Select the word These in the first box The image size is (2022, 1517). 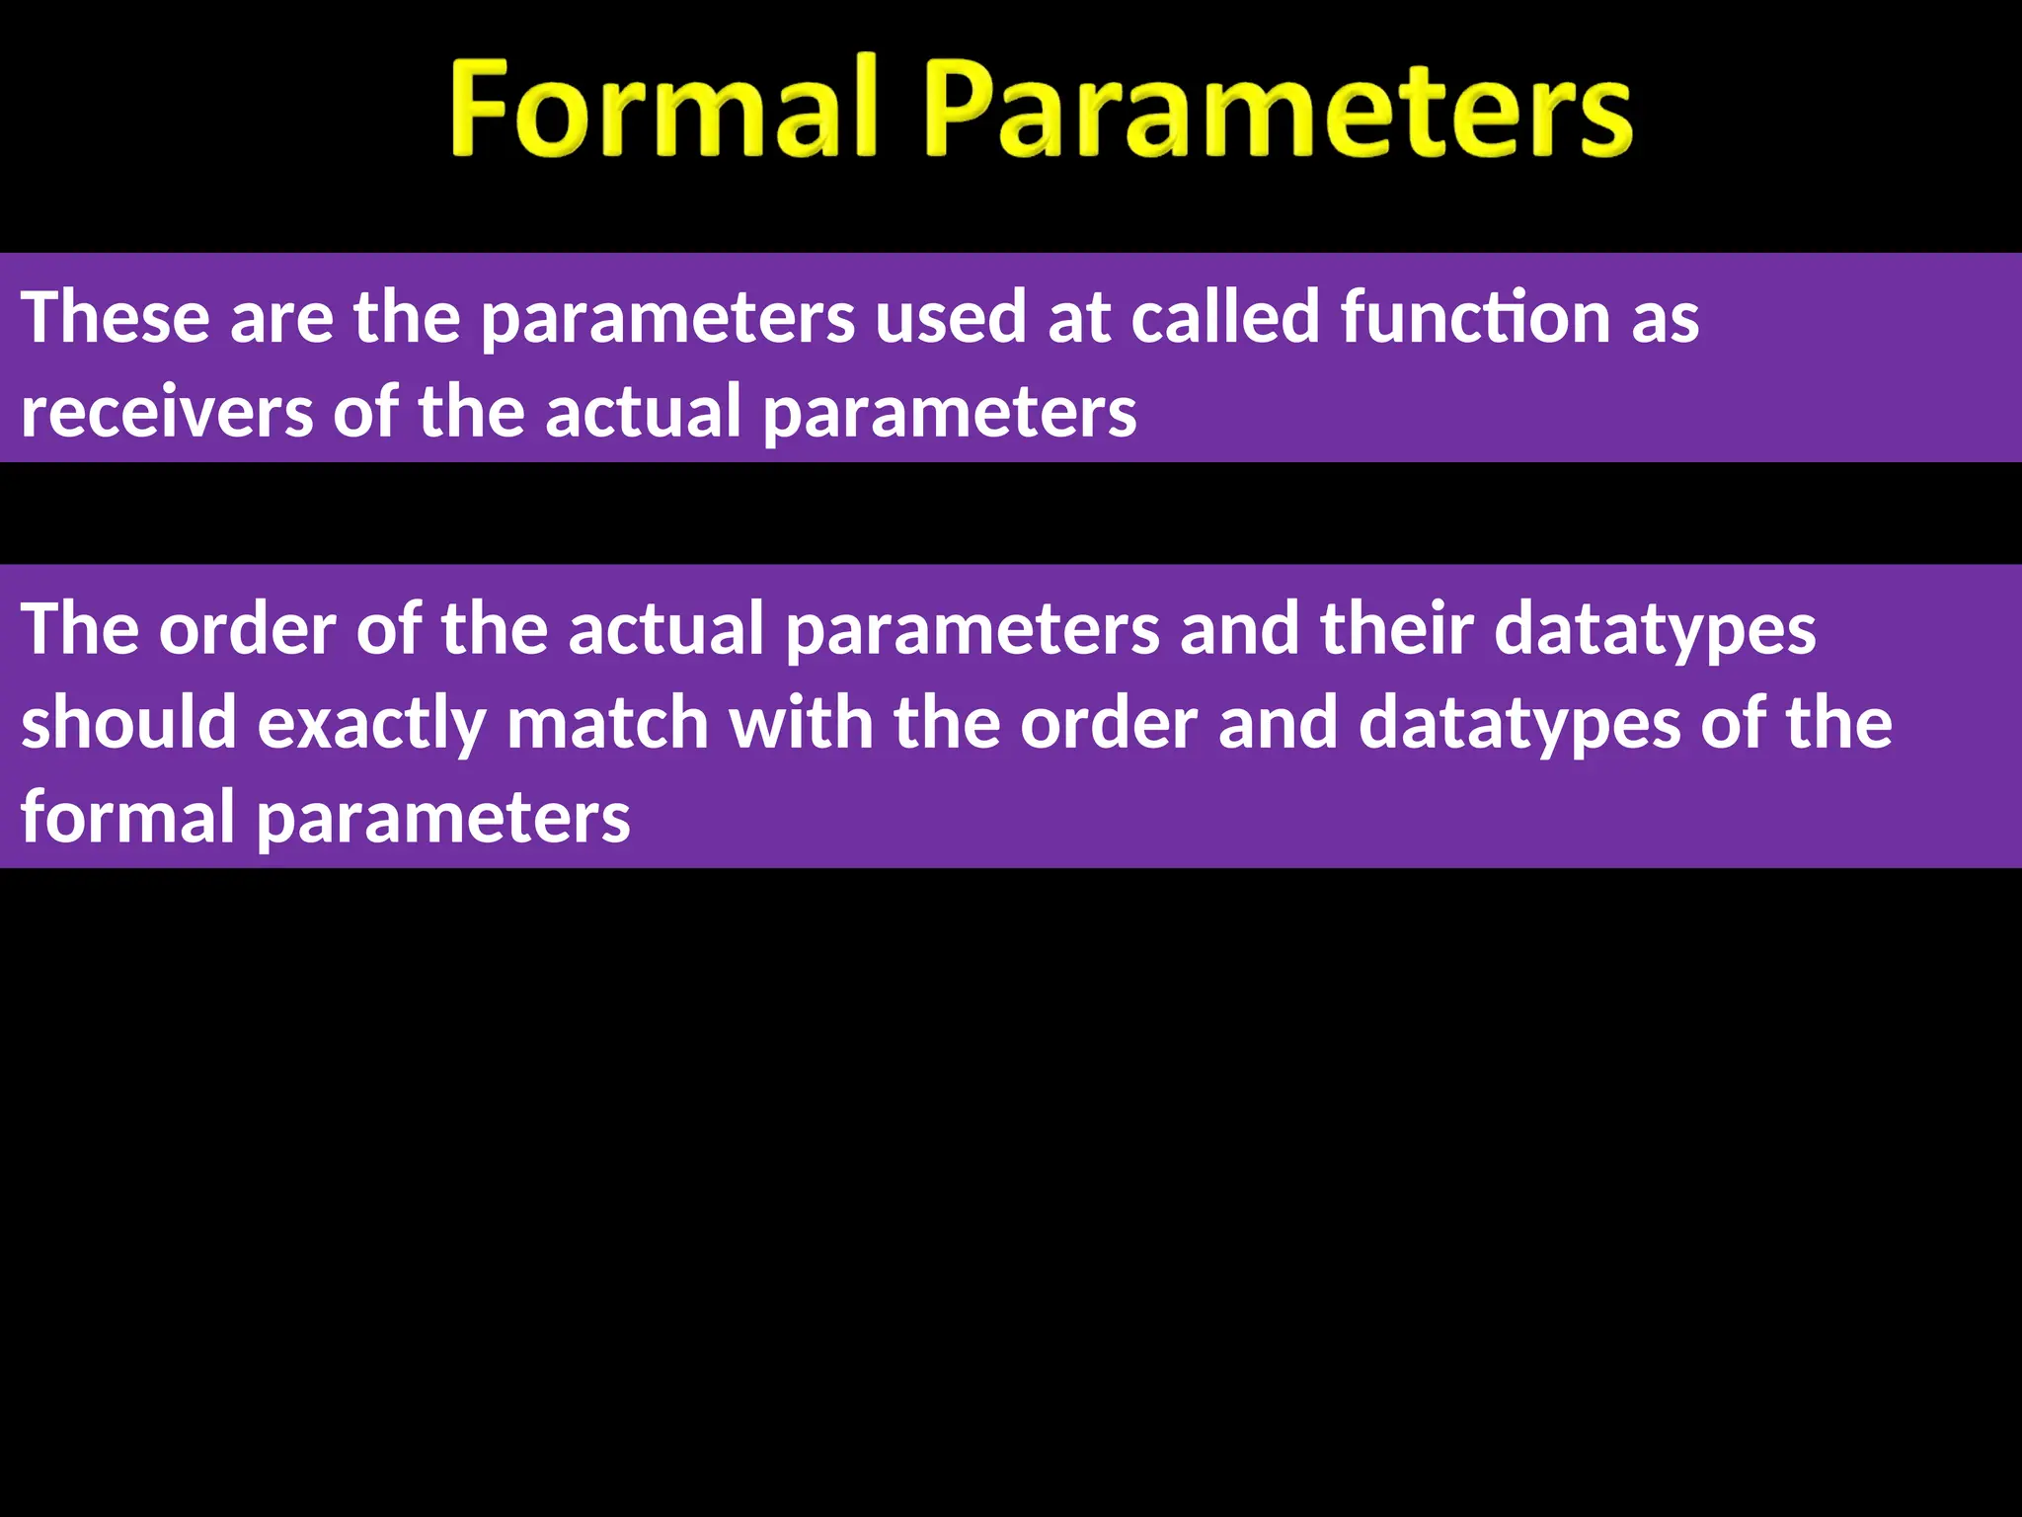pyautogui.click(x=116, y=318)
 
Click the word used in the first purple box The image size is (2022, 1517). pyautogui.click(x=951, y=318)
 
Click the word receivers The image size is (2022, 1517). pyautogui.click(x=167, y=413)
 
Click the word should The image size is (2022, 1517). pyautogui.click(x=128, y=724)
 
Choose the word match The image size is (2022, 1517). pyautogui.click(x=607, y=724)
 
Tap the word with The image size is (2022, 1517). pyautogui.click(x=801, y=724)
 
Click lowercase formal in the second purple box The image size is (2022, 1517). pyautogui.click(x=127, y=818)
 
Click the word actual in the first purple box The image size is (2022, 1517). pyautogui.click(x=643, y=413)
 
